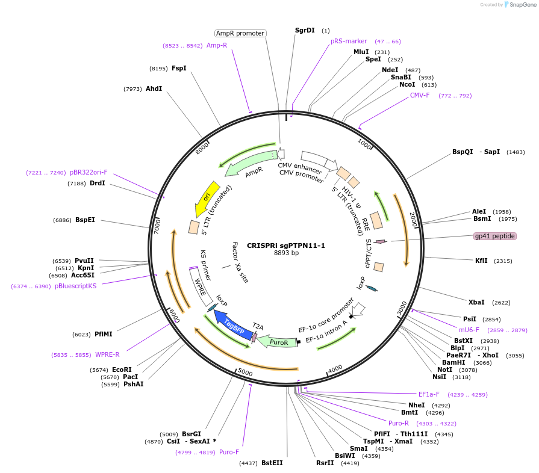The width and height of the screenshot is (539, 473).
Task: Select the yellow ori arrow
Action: point(206,199)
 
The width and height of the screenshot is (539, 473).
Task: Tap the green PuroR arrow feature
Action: point(278,342)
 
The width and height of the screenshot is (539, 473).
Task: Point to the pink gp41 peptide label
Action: point(494,236)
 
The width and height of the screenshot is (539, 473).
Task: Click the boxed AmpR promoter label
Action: point(240,33)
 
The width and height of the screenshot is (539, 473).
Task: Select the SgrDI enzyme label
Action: point(305,30)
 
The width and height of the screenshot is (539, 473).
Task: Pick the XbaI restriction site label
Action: point(476,302)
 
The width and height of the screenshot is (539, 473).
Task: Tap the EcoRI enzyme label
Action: point(122,369)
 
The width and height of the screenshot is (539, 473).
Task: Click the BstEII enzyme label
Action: point(272,463)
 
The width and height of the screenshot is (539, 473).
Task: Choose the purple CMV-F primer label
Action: point(420,95)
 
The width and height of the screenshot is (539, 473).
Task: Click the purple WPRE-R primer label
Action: point(107,355)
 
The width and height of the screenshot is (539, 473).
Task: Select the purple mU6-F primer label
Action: point(469,330)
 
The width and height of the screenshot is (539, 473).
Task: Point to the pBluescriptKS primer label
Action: point(75,286)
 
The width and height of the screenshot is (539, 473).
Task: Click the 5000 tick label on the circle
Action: point(245,372)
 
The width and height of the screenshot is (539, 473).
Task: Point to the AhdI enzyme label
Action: point(154,88)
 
